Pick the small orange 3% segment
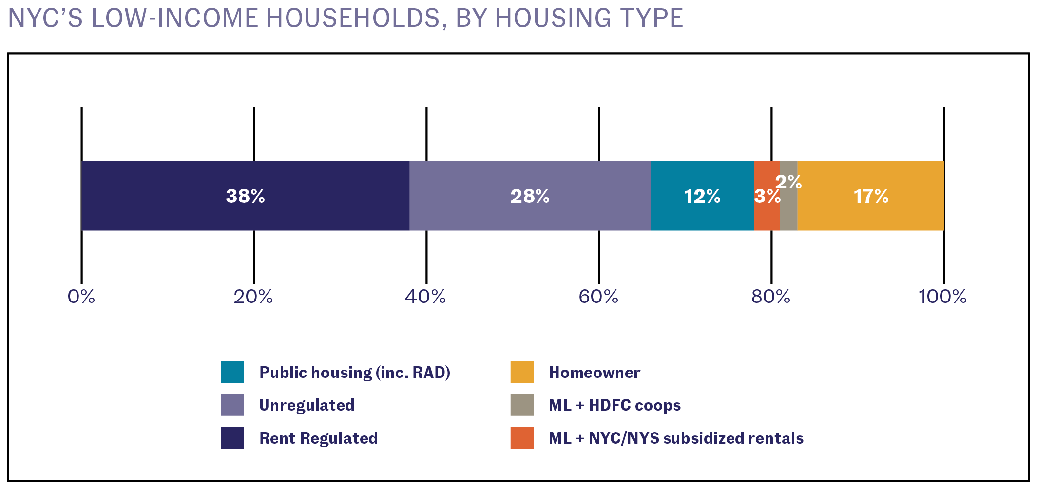(767, 217)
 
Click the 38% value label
(245, 196)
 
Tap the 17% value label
(871, 196)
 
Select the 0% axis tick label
(81, 297)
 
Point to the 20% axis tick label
(253, 297)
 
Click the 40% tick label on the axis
(425, 297)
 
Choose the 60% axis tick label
(598, 297)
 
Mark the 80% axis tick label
(770, 297)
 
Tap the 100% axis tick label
(942, 297)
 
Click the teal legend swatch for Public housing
(232, 372)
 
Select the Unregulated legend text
(307, 405)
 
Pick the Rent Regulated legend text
(318, 438)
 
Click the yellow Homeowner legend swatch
(522, 372)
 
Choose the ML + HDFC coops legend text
(615, 405)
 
